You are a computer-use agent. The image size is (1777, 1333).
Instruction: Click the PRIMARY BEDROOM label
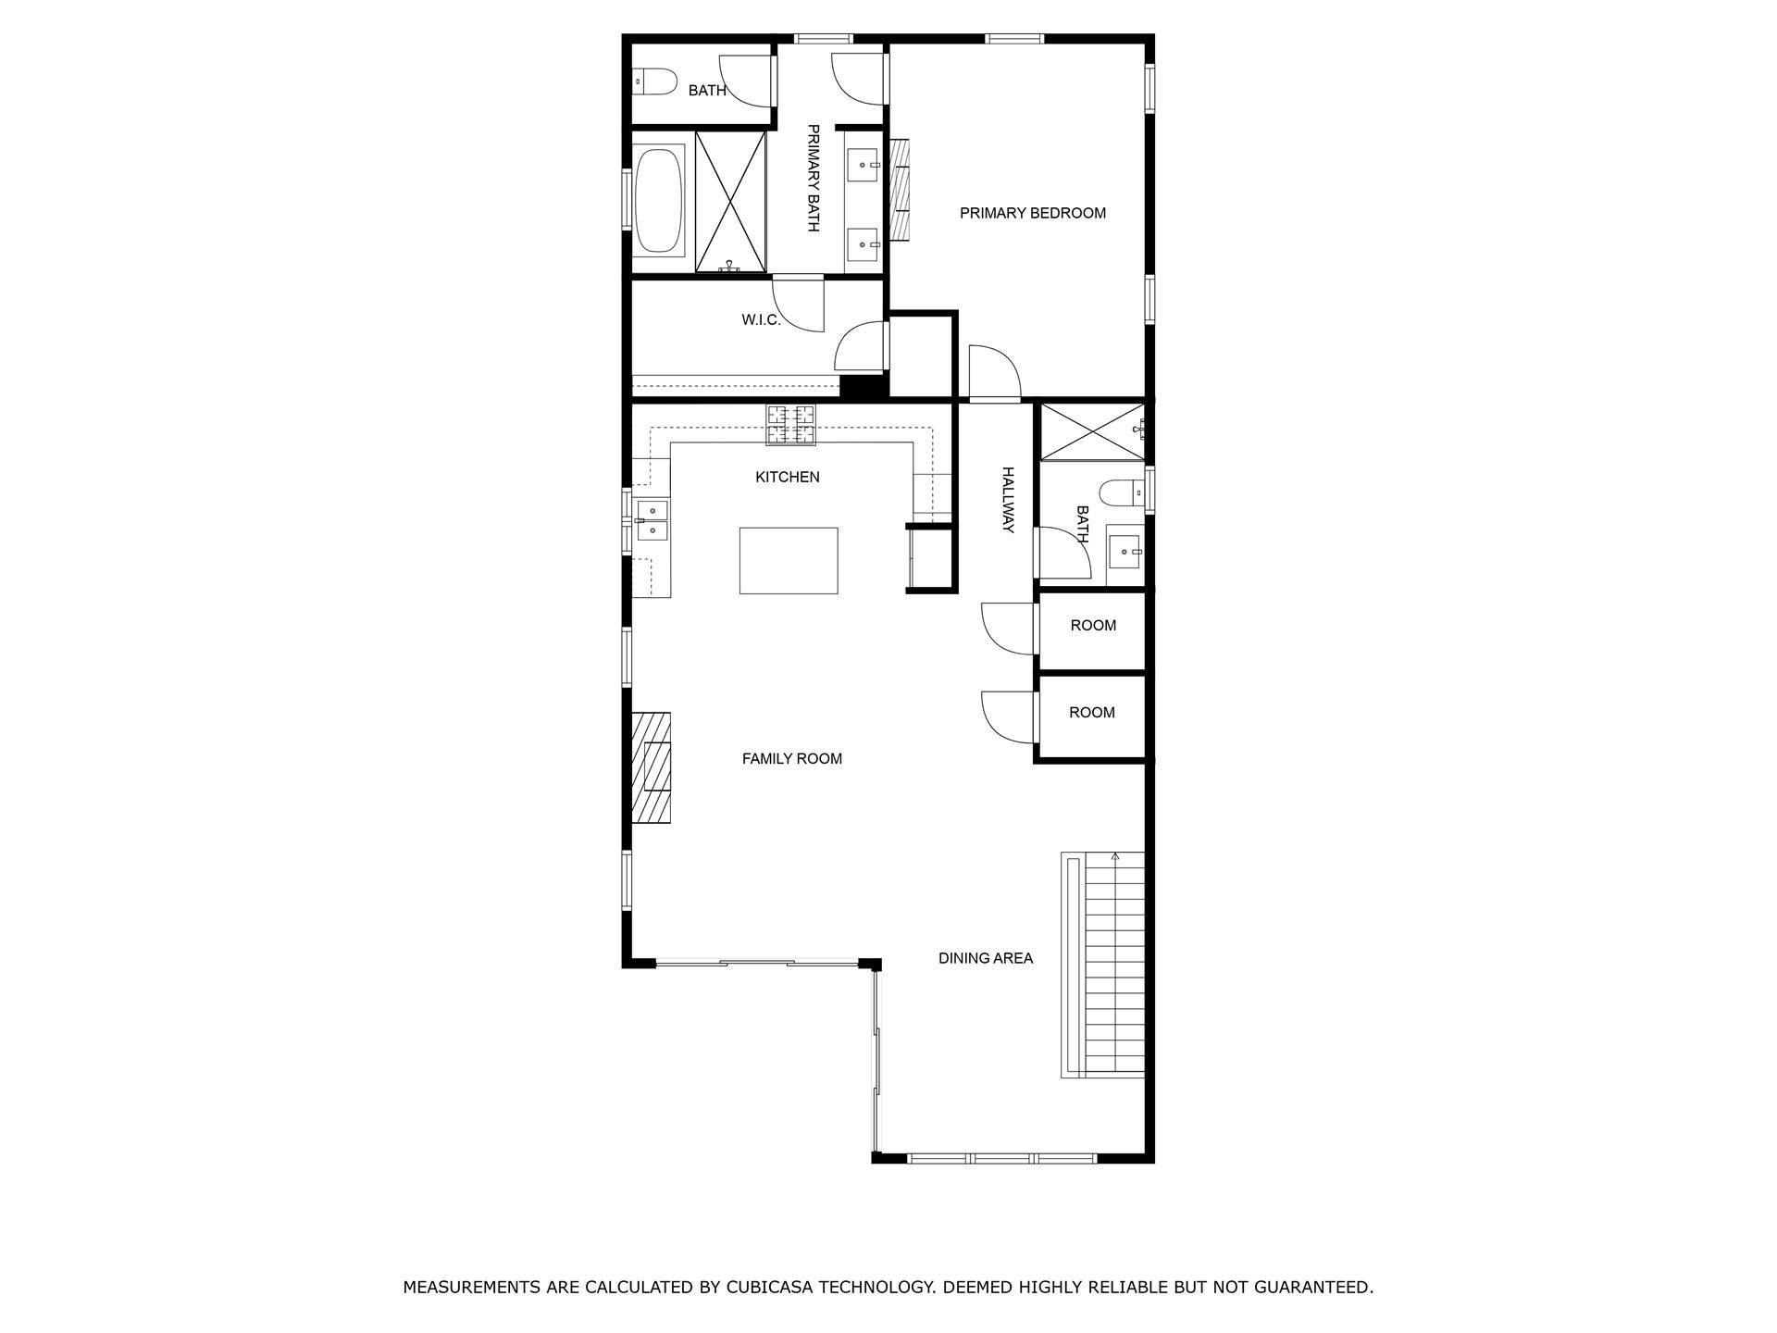[x=1032, y=213]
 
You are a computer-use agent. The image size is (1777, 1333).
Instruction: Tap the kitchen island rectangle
[x=789, y=560]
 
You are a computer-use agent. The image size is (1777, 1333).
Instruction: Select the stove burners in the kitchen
[x=791, y=425]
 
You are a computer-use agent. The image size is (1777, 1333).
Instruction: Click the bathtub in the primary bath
[x=659, y=201]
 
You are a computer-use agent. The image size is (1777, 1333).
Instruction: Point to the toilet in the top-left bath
[x=653, y=82]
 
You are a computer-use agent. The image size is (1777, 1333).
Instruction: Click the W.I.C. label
[x=761, y=320]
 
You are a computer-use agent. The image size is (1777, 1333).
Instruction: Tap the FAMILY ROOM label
[x=791, y=758]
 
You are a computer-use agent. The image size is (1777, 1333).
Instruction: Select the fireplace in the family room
[x=652, y=767]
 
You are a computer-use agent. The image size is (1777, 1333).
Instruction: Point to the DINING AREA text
[x=985, y=958]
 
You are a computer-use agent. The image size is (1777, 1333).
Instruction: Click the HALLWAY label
[x=1008, y=500]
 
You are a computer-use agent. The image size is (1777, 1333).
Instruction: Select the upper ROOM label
[x=1093, y=626]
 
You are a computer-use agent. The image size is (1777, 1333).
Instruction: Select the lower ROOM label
[x=1091, y=713]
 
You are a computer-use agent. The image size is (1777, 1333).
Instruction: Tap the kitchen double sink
[x=652, y=520]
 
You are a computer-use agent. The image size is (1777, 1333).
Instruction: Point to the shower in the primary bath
[x=730, y=202]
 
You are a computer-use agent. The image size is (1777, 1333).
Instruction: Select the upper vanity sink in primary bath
[x=864, y=166]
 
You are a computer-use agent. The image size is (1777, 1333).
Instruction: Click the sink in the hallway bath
[x=1126, y=553]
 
